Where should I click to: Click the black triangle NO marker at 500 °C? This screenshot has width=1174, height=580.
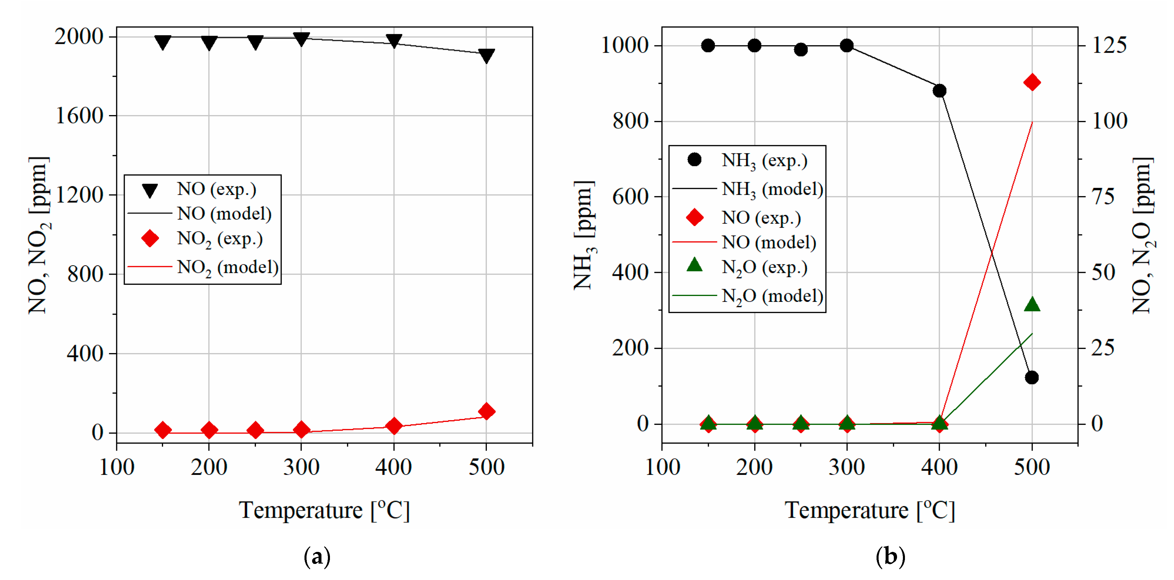486,56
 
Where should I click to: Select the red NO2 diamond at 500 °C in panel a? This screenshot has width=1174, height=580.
486,411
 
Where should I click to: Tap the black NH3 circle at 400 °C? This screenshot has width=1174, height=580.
939,91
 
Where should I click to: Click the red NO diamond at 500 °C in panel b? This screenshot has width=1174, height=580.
1032,83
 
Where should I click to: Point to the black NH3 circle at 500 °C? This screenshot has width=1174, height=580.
1032,377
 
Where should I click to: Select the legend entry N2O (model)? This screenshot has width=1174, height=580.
772,296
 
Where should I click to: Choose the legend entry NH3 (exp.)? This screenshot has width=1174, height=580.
764,160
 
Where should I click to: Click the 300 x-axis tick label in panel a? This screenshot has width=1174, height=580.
301,467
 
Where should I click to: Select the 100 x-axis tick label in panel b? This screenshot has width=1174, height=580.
662,467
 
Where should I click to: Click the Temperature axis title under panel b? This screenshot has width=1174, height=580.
870,510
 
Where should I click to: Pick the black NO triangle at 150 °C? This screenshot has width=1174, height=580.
163,42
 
